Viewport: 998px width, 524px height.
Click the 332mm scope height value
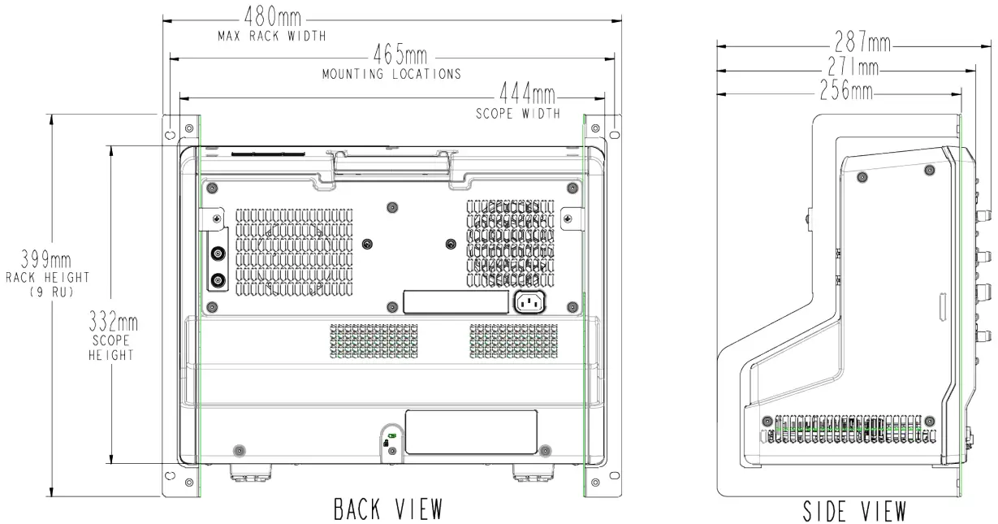113,323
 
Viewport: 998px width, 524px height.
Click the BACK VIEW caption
387,509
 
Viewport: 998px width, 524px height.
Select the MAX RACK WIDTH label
271,37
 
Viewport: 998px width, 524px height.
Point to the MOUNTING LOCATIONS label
392,74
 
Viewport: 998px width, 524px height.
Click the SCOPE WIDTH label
518,114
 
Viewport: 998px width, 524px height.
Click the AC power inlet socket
529,303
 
